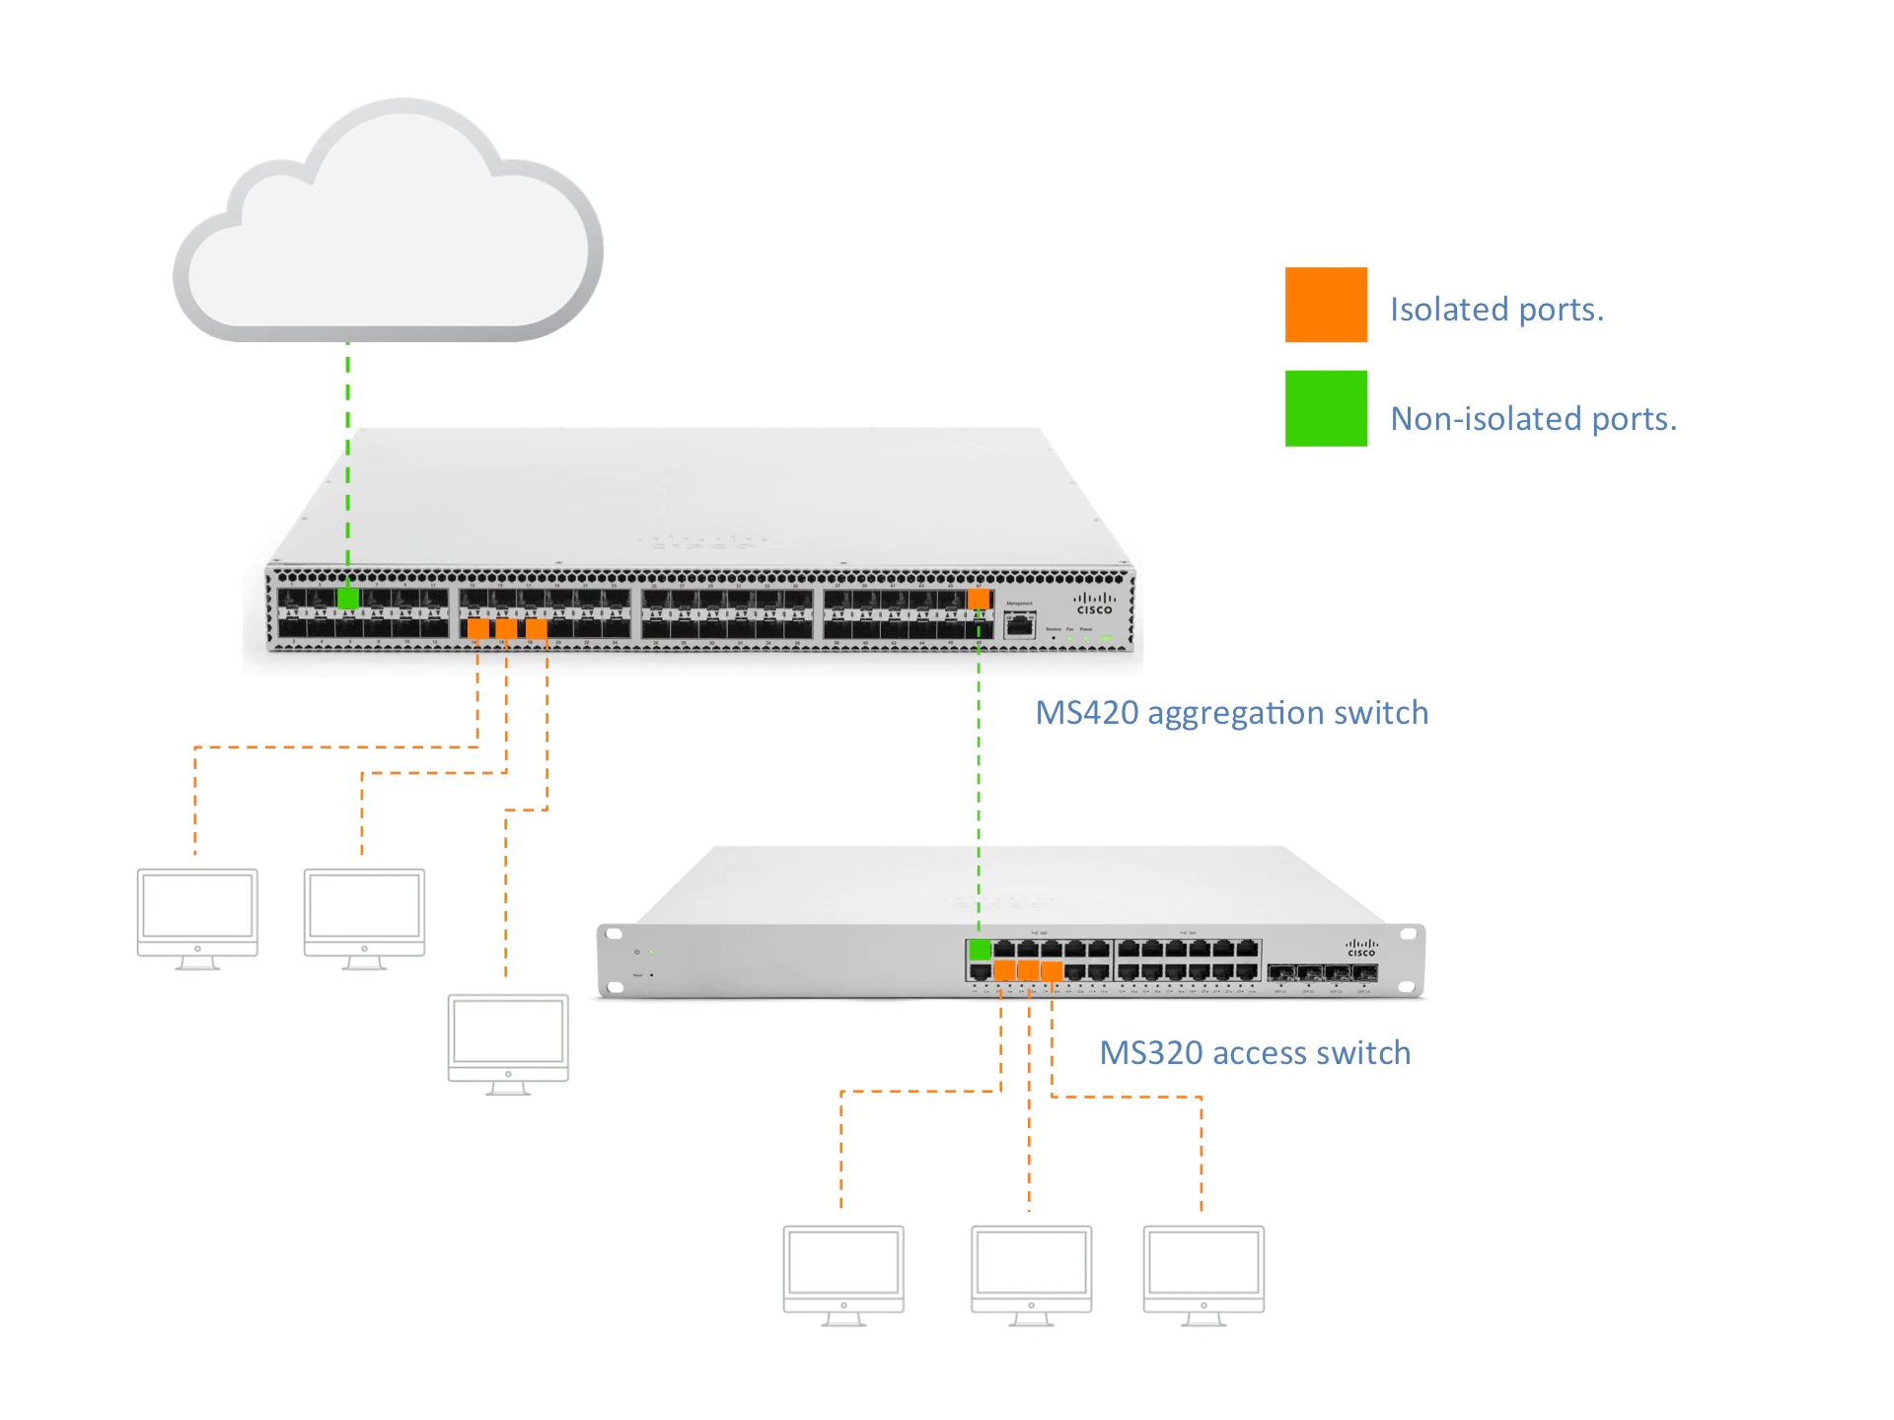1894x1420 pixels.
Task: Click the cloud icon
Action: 388,227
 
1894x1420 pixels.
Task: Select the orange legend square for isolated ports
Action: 1326,305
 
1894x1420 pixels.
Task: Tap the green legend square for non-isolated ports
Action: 1326,408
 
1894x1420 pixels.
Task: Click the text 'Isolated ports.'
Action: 1496,310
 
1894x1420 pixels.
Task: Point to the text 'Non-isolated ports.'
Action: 1533,419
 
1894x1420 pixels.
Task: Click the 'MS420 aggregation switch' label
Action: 1231,713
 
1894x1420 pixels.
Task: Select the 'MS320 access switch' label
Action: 1255,1053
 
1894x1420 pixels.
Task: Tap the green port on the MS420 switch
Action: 348,599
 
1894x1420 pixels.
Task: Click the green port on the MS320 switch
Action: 980,950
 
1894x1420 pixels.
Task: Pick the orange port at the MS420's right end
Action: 979,599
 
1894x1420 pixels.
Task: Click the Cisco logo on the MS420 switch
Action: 1094,603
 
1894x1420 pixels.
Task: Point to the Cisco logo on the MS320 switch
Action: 1361,948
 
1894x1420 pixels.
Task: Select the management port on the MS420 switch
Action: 1019,624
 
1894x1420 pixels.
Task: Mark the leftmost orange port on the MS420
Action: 477,628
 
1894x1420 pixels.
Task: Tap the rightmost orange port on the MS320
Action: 1052,971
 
